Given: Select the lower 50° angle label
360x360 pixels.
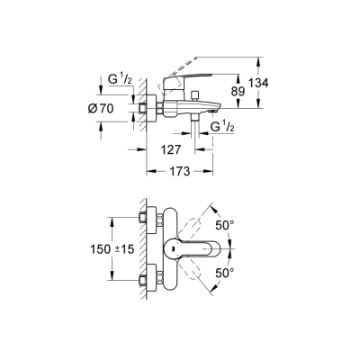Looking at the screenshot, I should click(x=226, y=270).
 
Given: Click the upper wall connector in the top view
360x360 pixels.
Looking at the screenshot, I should click(x=144, y=220).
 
